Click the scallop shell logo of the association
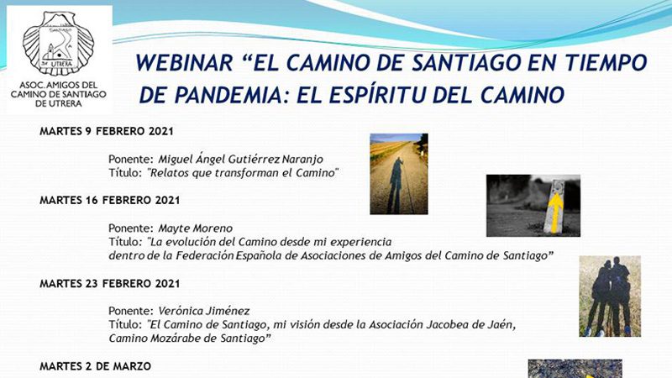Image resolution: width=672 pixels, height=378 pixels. pyautogui.click(x=58, y=44)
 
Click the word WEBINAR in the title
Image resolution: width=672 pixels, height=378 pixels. pyautogui.click(x=184, y=62)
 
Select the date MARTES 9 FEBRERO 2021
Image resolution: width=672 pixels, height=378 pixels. pyautogui.click(x=107, y=131)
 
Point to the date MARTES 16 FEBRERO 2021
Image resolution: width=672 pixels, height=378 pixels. pyautogui.click(x=110, y=200)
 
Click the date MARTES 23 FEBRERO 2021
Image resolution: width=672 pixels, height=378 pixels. pyautogui.click(x=110, y=283)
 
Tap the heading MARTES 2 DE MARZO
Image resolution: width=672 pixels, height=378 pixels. pyautogui.click(x=95, y=366)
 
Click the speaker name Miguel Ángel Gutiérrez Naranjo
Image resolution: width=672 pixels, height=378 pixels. pyautogui.click(x=241, y=159)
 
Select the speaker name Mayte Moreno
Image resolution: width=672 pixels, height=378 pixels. pyautogui.click(x=196, y=228)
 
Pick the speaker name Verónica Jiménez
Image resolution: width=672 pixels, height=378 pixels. pyautogui.click(x=204, y=311)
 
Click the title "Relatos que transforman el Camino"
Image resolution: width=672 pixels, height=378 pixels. pyautogui.click(x=243, y=173)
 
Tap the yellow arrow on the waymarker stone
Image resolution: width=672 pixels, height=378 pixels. pyautogui.click(x=556, y=213)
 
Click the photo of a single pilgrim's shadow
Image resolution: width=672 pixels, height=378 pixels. pyautogui.click(x=399, y=174)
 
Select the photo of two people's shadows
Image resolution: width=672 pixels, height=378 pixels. pyautogui.click(x=610, y=297)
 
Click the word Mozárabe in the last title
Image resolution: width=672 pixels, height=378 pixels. pyautogui.click(x=195, y=339)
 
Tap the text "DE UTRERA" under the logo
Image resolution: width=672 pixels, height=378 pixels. pyautogui.click(x=58, y=103)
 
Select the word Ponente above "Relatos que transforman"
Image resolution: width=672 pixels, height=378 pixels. pyautogui.click(x=131, y=159)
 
